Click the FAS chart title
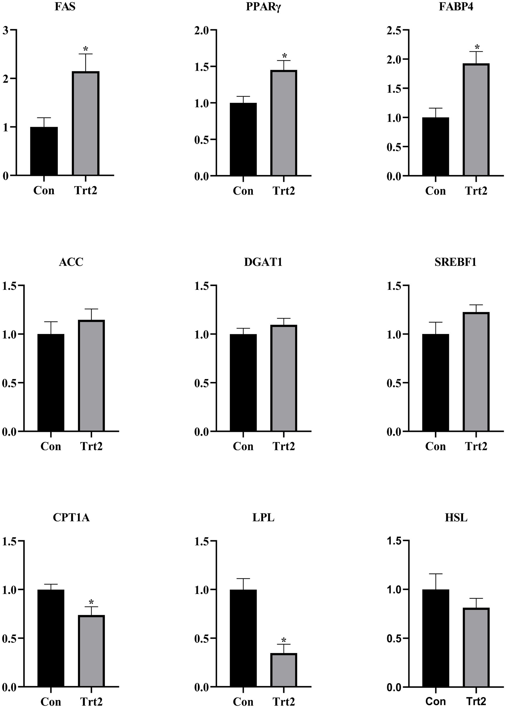click(65, 7)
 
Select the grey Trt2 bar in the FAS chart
click(86, 124)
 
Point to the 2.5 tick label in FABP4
click(394, 30)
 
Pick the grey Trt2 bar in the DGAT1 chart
click(284, 378)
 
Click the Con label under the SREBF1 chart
click(435, 446)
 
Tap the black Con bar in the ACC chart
click(51, 382)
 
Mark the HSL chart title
click(456, 517)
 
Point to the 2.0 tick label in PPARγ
click(202, 30)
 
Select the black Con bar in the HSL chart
click(436, 638)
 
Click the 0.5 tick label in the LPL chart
click(202, 638)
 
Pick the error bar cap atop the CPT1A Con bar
click(51, 584)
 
